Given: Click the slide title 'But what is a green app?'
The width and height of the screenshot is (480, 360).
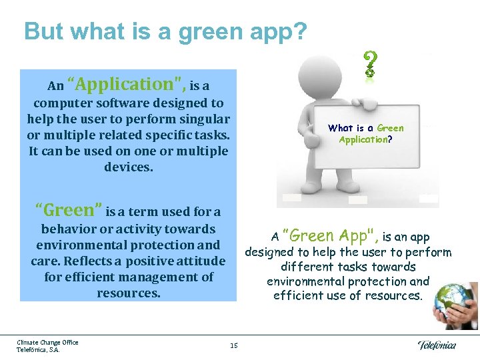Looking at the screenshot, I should point(165,31).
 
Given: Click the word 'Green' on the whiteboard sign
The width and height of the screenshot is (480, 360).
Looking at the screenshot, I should point(390,128).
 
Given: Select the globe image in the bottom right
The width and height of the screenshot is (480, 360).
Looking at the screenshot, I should point(456,304).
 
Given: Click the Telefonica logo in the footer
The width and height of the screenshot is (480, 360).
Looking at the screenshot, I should point(437,345).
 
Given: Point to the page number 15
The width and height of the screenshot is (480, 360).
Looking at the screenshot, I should point(233,345).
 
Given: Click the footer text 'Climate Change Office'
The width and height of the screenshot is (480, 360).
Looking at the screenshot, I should point(47,342).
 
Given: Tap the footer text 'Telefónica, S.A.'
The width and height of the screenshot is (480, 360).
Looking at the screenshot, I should point(38,349).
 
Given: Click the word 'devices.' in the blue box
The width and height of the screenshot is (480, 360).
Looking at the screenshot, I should point(128,167).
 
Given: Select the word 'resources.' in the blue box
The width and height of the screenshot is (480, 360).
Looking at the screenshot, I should point(128,293).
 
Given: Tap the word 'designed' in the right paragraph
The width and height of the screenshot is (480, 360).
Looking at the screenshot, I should point(271,253).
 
